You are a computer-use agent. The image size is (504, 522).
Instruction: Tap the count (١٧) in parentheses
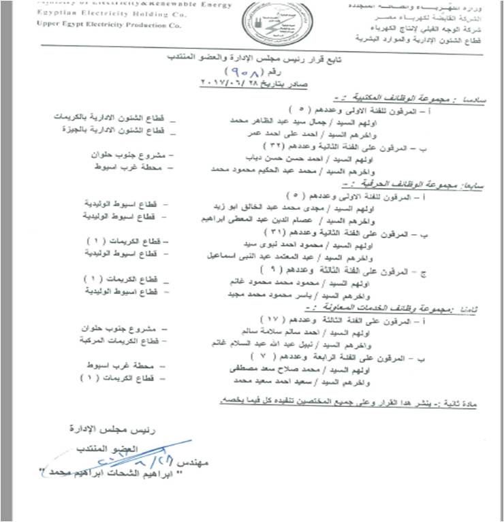(273, 318)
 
